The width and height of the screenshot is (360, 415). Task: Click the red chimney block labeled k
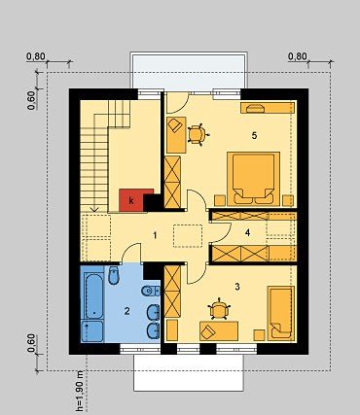click(131, 200)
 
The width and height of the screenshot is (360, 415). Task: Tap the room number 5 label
click(254, 135)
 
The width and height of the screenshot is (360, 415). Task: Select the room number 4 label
click(248, 232)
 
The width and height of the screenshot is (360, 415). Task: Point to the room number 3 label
click(237, 287)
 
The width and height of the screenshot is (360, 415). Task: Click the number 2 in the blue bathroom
click(126, 311)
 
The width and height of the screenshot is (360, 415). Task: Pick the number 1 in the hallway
click(155, 235)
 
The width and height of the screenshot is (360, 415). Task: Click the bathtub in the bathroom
click(92, 295)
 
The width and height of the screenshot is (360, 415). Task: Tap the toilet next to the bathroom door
click(113, 275)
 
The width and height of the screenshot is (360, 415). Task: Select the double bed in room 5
click(253, 179)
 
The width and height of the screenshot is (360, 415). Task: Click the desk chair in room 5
click(197, 134)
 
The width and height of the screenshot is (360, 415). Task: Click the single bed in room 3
click(281, 313)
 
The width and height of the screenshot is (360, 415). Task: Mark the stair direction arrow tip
click(94, 212)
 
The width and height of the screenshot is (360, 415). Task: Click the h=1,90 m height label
click(80, 392)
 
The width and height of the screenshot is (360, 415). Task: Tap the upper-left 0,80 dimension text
click(36, 56)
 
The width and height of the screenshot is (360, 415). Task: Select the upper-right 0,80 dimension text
click(298, 56)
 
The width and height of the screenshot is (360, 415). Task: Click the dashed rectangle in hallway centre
click(188, 236)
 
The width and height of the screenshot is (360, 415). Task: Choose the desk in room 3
click(219, 330)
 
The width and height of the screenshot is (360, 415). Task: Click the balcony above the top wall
click(189, 70)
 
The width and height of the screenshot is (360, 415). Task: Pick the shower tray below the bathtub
click(92, 331)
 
